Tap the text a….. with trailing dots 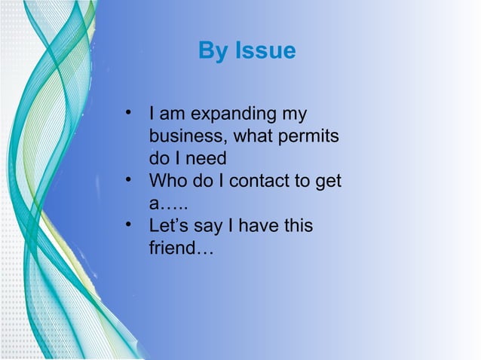click(168, 204)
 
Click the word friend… click(181, 247)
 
